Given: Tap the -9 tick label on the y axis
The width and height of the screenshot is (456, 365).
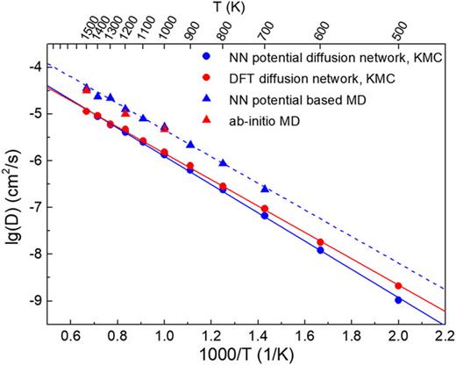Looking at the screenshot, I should point(32,301).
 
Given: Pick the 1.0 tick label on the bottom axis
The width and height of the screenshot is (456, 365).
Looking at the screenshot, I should point(164,334).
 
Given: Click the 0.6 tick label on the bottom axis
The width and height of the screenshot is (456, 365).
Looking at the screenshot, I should point(70,334).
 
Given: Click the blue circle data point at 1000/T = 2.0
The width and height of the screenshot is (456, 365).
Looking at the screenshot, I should point(398,300).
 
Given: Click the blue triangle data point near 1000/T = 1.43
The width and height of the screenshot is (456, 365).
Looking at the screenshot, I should point(265,189).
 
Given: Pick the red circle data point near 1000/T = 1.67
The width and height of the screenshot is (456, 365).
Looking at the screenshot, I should point(320,242).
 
